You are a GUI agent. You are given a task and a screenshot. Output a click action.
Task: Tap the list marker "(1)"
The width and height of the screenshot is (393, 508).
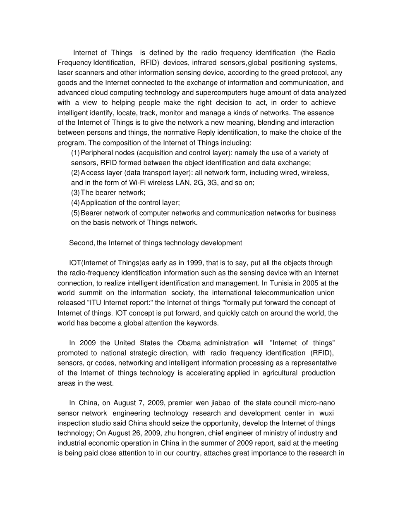[x=75, y=153]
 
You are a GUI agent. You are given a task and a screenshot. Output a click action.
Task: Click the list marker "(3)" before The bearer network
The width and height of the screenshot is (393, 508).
[x=75, y=192]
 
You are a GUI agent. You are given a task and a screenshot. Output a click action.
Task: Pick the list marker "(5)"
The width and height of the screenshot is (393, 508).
[x=75, y=213]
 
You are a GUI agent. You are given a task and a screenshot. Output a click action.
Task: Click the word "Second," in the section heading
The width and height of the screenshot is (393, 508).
[x=82, y=243]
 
